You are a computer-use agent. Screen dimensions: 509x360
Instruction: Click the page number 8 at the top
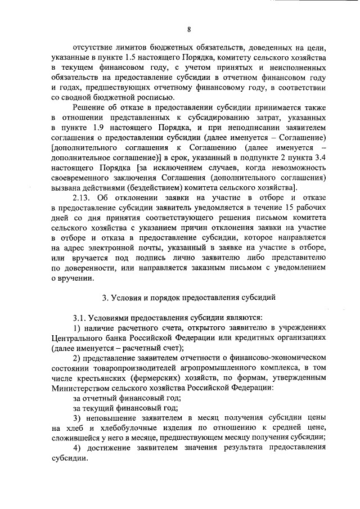click(x=189, y=30)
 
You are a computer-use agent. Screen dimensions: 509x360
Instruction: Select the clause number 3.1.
click(x=80, y=318)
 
